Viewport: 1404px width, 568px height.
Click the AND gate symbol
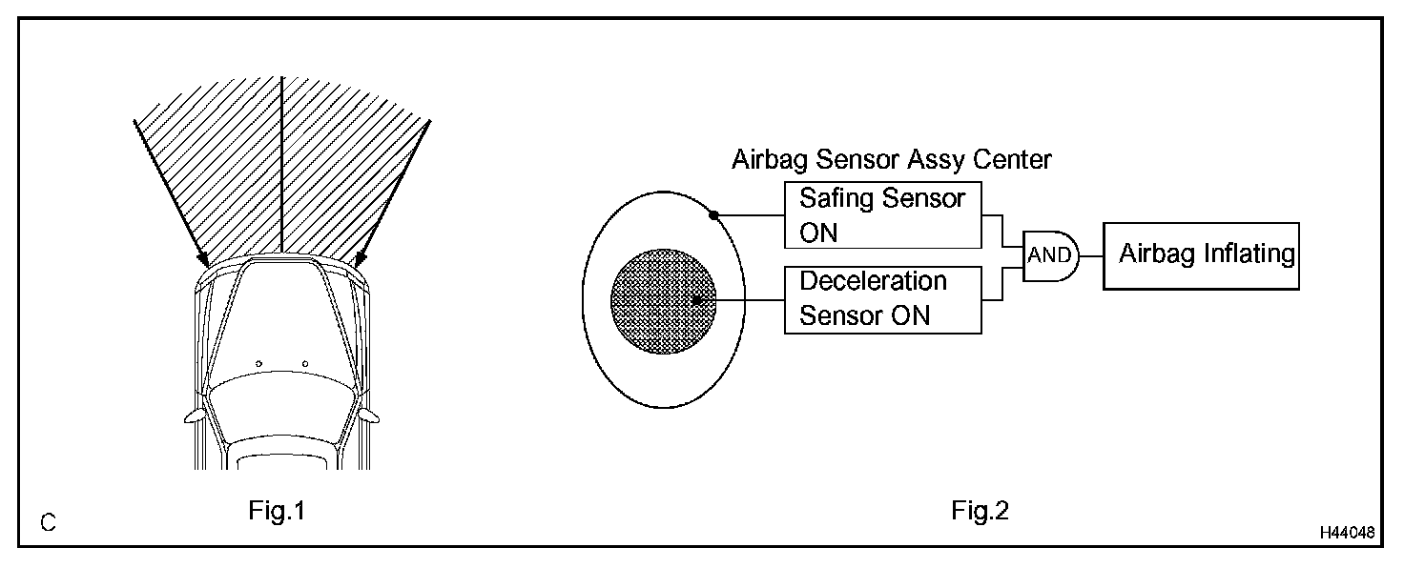click(1049, 254)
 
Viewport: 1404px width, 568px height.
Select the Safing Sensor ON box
click(882, 215)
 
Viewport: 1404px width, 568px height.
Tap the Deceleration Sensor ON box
click(882, 299)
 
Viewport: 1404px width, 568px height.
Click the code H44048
click(1348, 533)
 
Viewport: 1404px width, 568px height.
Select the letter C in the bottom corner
click(48, 523)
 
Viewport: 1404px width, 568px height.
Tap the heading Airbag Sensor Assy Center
click(891, 159)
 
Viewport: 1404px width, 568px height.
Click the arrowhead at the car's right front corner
click(360, 259)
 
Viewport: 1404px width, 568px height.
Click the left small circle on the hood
click(258, 362)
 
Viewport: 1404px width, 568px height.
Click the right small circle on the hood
click(304, 362)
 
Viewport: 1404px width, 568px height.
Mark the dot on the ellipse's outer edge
click(713, 215)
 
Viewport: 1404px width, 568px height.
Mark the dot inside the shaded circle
click(697, 299)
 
